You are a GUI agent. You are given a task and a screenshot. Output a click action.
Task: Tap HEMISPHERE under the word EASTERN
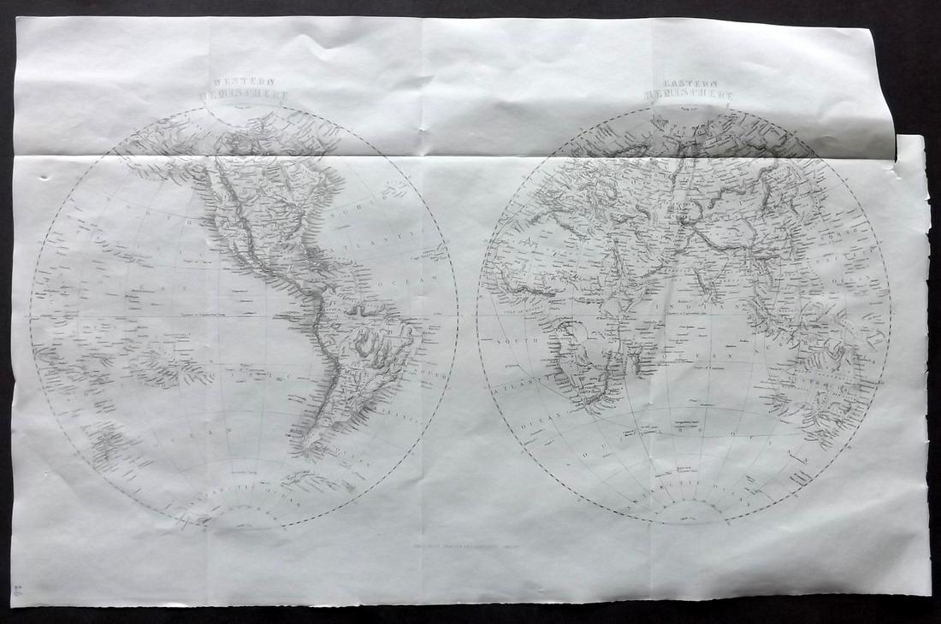click(x=690, y=97)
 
